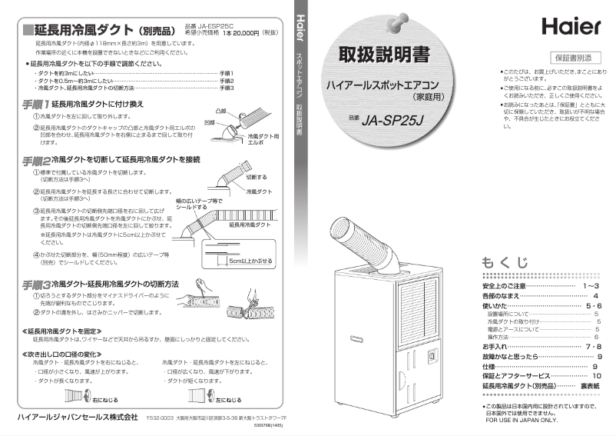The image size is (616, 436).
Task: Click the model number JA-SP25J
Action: click(396, 121)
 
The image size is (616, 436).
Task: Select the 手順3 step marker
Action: click(35, 285)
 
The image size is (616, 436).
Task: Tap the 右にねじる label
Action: click(104, 401)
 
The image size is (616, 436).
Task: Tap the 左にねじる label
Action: click(228, 401)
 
